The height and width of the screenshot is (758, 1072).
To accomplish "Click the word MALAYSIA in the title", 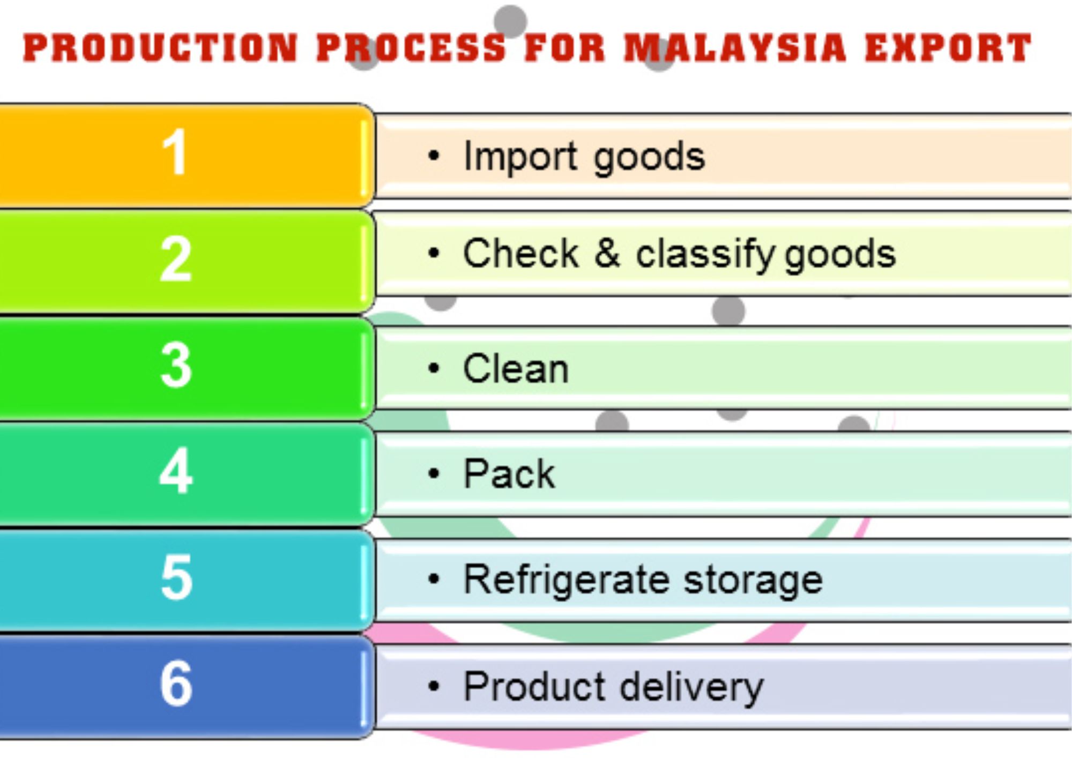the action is point(735,48).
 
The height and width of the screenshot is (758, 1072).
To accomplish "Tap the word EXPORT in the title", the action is point(948,48).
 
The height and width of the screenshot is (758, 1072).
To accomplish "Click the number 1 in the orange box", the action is point(175,152).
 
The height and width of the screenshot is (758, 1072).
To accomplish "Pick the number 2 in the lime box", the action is point(176,259).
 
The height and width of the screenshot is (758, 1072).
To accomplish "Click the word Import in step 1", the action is point(520,157).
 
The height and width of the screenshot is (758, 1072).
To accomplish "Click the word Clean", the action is point(516,369).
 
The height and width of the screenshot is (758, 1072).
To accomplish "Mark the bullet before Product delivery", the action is point(434,686).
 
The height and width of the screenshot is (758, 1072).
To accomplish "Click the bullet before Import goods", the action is point(434,156).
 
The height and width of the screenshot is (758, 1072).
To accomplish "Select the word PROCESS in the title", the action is point(411,48).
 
